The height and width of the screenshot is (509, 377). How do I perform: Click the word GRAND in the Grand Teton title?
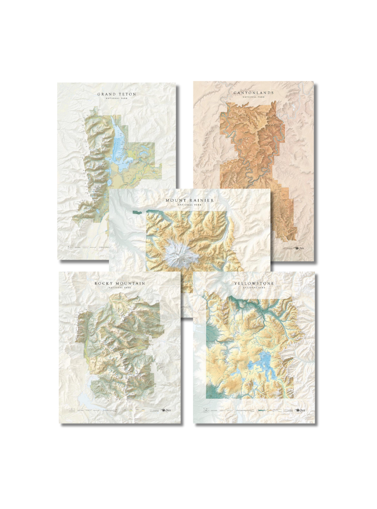[106, 94]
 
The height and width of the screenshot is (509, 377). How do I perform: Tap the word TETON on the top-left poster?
[126, 94]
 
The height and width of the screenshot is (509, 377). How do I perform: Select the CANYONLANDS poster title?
[253, 93]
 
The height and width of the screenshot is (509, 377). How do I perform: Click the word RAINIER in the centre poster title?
[202, 200]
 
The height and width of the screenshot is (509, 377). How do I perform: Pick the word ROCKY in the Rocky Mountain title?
[104, 283]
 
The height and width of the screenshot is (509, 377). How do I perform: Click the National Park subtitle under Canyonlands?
[253, 98]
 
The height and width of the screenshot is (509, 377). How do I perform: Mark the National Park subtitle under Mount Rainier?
[190, 205]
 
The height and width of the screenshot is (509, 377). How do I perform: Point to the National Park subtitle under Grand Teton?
[117, 99]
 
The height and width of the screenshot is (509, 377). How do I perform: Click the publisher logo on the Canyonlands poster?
[301, 249]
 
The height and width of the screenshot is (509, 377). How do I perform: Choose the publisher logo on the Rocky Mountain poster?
[167, 411]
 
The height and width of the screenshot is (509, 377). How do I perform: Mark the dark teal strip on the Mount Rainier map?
[136, 213]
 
